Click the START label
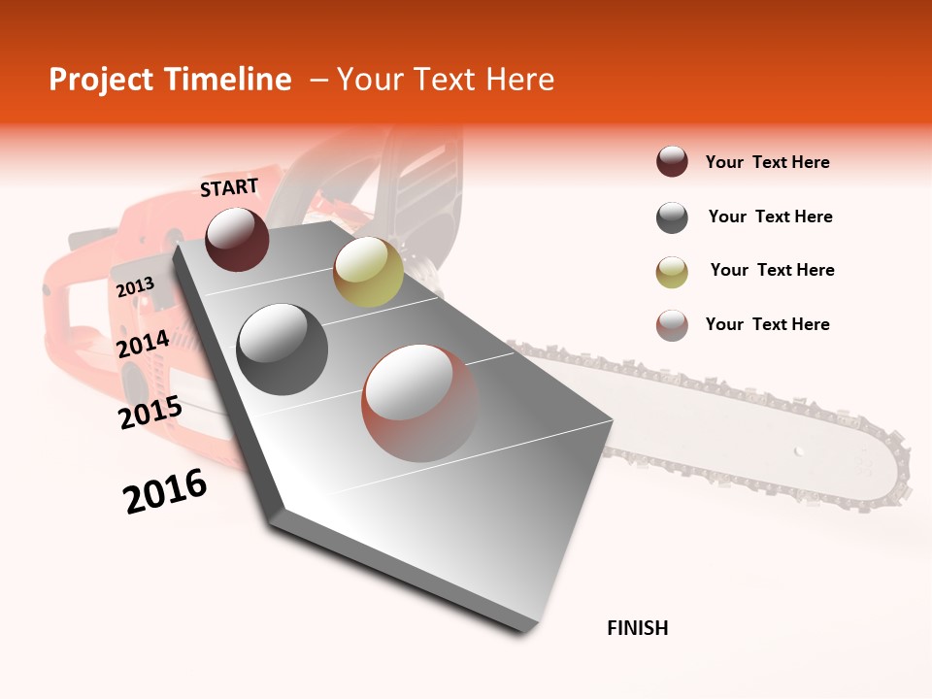click(229, 187)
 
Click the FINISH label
click(637, 628)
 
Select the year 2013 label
click(135, 287)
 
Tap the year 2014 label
click(143, 345)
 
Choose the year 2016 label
click(165, 491)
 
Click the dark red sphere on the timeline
click(237, 239)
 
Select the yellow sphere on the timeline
click(368, 271)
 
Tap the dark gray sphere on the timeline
click(282, 349)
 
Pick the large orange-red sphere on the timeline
click(419, 402)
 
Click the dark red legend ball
click(672, 162)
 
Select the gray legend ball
click(672, 217)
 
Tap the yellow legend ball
click(672, 271)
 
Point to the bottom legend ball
click(672, 325)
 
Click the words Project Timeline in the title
click(170, 80)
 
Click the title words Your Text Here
click(445, 80)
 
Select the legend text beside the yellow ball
click(772, 270)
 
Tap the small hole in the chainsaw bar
click(798, 450)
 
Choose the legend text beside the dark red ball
click(767, 162)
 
